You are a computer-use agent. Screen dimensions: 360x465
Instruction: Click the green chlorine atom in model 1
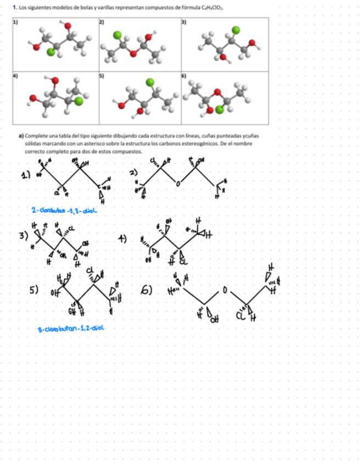pos(52,52)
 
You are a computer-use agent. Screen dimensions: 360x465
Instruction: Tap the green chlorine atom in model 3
pos(236,29)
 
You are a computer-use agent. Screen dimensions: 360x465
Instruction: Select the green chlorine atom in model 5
pos(150,82)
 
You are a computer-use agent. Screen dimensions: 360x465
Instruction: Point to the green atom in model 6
pos(220,109)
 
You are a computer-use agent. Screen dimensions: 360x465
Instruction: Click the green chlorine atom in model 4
pos(79,100)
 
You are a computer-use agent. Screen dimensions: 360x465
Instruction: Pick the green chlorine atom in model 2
pos(117,35)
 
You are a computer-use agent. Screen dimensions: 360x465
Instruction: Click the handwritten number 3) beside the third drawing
pos(23,236)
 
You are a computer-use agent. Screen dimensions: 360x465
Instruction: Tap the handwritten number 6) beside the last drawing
pos(148,289)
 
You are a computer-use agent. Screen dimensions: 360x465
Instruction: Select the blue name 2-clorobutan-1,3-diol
pos(65,210)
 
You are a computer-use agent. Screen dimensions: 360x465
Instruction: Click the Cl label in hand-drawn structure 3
pos(72,228)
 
